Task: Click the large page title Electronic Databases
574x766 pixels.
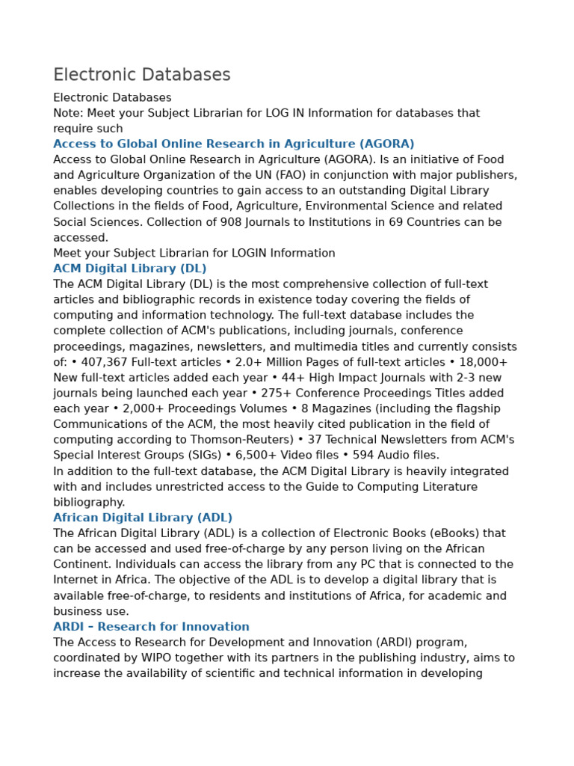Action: pyautogui.click(x=142, y=75)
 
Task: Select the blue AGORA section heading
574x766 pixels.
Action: pyautogui.click(x=233, y=144)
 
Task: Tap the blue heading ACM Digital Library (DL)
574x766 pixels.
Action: pyautogui.click(x=129, y=269)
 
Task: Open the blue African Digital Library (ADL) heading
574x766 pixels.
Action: pyautogui.click(x=142, y=518)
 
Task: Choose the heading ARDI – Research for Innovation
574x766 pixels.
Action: pyautogui.click(x=151, y=627)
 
